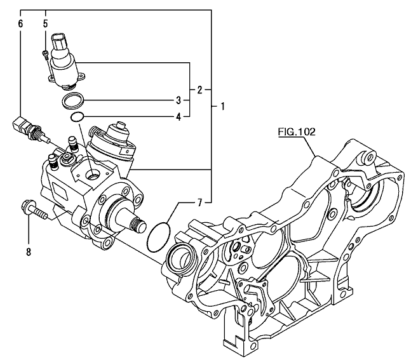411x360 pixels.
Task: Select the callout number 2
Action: coord(199,90)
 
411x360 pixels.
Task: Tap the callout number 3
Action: coord(179,100)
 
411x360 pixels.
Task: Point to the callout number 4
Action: coord(179,116)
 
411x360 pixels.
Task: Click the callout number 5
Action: coord(46,23)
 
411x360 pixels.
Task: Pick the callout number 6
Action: coord(20,23)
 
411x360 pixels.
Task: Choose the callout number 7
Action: coord(199,203)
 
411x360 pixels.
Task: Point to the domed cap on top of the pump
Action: coord(118,131)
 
